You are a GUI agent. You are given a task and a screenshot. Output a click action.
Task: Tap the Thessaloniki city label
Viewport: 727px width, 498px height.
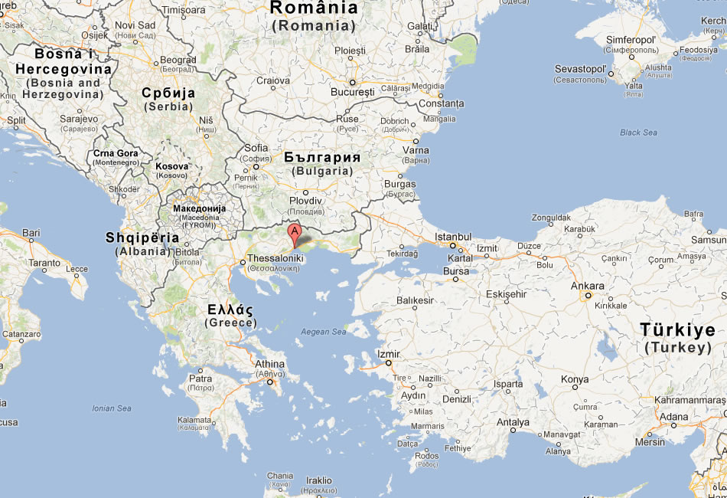pyautogui.click(x=275, y=259)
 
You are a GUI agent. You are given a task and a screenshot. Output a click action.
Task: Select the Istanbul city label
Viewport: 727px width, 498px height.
pyautogui.click(x=454, y=237)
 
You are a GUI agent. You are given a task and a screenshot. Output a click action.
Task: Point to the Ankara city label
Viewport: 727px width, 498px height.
pyautogui.click(x=588, y=287)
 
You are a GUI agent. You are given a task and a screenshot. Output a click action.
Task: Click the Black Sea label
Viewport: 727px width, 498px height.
pyautogui.click(x=638, y=133)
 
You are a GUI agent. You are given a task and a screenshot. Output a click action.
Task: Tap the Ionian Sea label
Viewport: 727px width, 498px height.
pyautogui.click(x=112, y=408)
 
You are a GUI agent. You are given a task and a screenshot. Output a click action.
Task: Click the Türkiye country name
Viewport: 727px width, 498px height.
pyautogui.click(x=678, y=331)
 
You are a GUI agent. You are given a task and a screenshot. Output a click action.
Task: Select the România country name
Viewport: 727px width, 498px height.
pyautogui.click(x=314, y=8)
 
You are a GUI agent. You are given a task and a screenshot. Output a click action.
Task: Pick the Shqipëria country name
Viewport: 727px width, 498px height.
pyautogui.click(x=142, y=238)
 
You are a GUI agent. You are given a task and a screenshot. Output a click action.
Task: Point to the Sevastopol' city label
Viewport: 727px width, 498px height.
pyautogui.click(x=581, y=70)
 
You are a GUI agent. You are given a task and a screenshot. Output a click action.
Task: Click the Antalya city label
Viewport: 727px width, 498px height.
pyautogui.click(x=513, y=421)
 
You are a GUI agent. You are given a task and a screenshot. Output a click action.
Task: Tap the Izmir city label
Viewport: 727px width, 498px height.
pyautogui.click(x=389, y=355)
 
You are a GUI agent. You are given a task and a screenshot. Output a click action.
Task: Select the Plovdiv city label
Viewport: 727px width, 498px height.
pyautogui.click(x=305, y=201)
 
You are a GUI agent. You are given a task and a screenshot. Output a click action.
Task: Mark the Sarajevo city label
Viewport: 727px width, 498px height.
pyautogui.click(x=79, y=119)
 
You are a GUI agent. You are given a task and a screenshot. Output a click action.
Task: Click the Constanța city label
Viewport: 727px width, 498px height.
pyautogui.click(x=442, y=103)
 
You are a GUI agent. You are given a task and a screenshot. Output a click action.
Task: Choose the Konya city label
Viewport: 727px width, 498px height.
pyautogui.click(x=575, y=379)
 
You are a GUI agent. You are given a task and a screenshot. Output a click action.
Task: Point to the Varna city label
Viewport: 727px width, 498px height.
pyautogui.click(x=416, y=150)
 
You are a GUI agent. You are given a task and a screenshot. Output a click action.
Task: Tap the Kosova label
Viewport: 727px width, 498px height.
pyautogui.click(x=171, y=165)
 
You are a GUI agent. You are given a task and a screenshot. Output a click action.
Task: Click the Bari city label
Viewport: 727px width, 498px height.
pyautogui.click(x=31, y=232)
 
